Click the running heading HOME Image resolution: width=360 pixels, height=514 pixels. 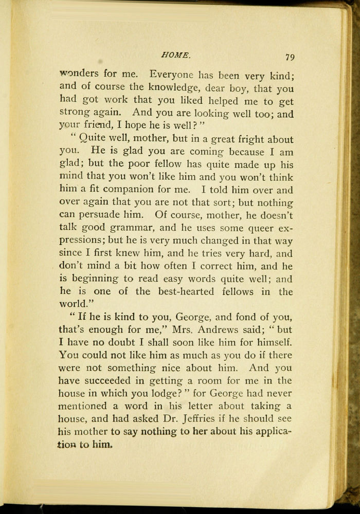tap(176, 54)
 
